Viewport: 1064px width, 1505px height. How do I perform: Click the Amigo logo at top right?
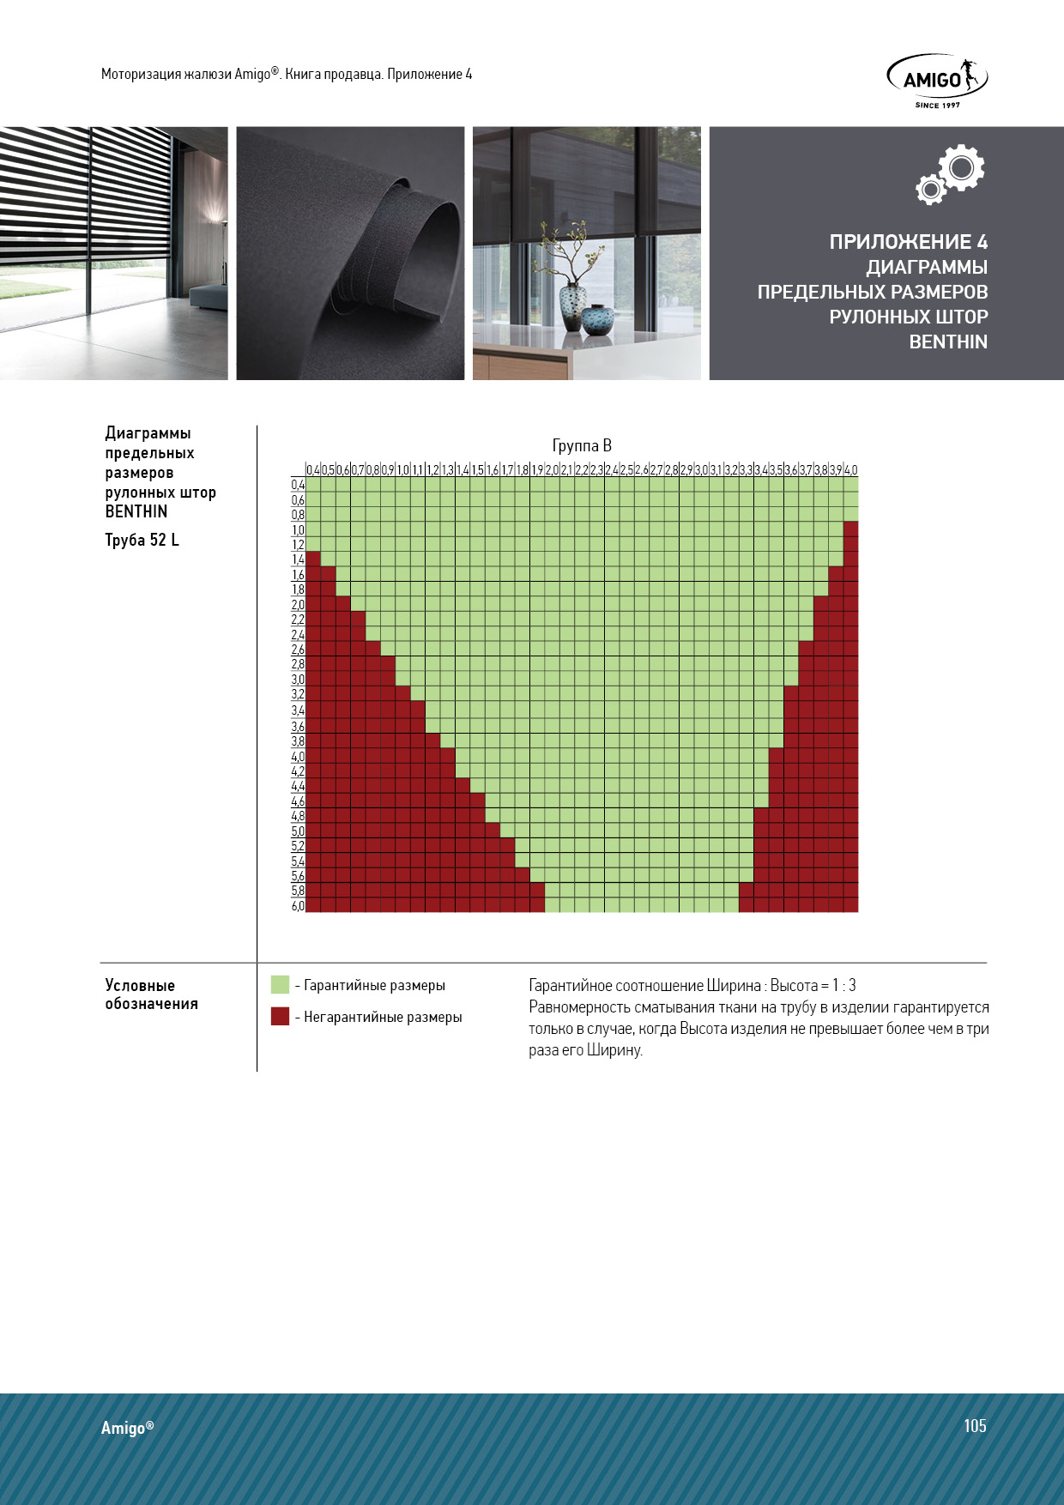click(x=936, y=80)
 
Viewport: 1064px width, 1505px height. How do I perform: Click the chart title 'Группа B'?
click(x=582, y=445)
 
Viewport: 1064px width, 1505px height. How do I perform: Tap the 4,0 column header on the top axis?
click(x=850, y=470)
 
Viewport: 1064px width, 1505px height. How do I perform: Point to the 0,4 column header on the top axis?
click(x=313, y=470)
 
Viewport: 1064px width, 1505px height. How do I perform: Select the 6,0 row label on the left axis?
click(x=298, y=906)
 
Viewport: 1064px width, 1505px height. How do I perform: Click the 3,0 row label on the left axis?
click(x=298, y=680)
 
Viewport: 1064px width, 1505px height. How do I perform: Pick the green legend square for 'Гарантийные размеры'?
click(x=280, y=984)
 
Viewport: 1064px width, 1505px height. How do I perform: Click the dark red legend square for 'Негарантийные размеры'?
click(x=280, y=1016)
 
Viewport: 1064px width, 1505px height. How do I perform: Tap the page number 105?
click(x=975, y=1425)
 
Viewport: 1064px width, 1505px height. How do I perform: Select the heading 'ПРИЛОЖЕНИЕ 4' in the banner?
click(x=908, y=242)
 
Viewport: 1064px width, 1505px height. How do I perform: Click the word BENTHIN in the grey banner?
click(x=948, y=341)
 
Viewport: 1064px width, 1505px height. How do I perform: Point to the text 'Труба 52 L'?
click(x=142, y=540)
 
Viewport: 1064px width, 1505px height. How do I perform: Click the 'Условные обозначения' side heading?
click(x=151, y=994)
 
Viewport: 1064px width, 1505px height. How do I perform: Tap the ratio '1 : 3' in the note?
click(x=843, y=985)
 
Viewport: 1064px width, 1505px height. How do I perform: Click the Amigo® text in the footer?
click(x=127, y=1428)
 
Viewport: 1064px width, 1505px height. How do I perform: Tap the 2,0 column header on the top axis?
click(x=552, y=470)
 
